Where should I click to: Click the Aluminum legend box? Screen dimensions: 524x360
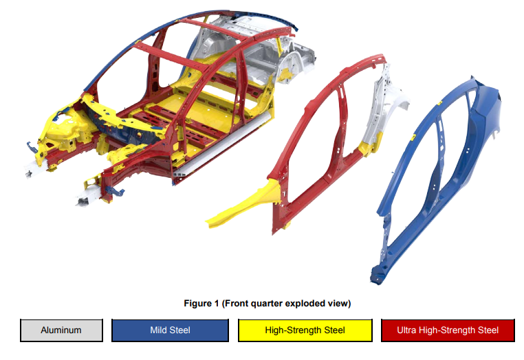61,330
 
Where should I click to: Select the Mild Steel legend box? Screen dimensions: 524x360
170,330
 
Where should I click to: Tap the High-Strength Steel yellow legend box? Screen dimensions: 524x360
305,330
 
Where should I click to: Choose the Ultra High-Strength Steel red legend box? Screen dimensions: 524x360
448,330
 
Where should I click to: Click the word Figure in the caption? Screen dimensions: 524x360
197,303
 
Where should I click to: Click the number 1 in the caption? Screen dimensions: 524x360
216,303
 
